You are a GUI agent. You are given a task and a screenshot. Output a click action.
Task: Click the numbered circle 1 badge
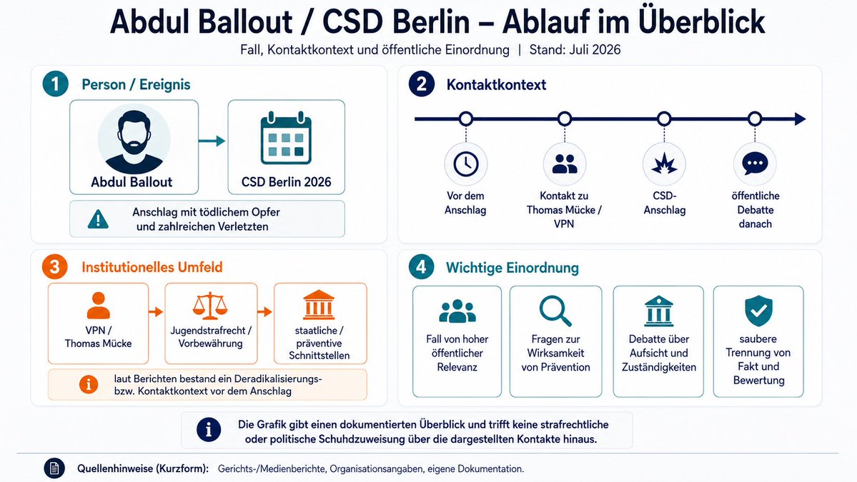point(55,84)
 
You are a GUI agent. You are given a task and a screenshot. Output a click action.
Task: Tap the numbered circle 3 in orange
point(54,267)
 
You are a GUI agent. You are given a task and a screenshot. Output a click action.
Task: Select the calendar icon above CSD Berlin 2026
point(286,138)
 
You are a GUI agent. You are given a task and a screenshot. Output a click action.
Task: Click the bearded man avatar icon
point(134,140)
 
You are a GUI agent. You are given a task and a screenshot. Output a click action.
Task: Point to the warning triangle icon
point(99,219)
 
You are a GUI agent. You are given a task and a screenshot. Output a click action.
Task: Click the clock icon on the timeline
point(465,164)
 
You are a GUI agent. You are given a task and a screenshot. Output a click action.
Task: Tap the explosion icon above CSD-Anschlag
point(664,164)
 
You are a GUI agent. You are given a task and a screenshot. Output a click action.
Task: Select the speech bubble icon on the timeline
point(756,164)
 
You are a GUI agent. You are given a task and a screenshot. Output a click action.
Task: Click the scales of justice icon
point(210,306)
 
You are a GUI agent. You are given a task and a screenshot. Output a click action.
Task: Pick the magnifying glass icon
point(555,311)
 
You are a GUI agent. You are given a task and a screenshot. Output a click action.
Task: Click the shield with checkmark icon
point(758,311)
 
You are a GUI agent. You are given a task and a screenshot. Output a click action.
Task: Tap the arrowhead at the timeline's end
point(800,119)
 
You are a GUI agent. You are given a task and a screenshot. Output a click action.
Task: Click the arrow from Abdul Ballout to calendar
point(212,141)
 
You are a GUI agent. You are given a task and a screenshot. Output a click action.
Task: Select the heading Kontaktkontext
point(496,84)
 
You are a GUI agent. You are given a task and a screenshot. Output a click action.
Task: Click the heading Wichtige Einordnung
point(512,268)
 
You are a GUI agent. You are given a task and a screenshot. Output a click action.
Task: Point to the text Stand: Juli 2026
point(575,50)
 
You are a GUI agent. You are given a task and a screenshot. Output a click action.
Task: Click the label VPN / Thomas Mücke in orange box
point(99,337)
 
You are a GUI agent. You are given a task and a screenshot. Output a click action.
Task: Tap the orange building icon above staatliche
point(319,305)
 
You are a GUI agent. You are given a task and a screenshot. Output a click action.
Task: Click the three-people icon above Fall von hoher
point(457,311)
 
